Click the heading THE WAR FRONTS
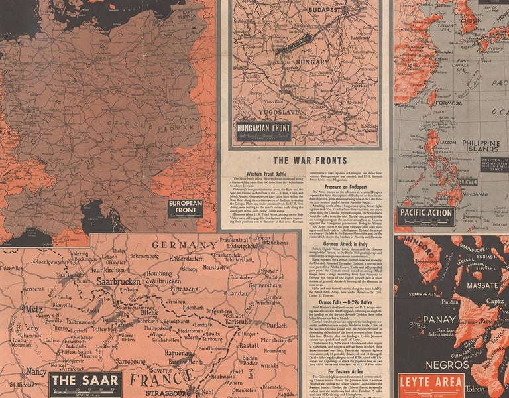(306, 160)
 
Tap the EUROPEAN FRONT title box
(185, 208)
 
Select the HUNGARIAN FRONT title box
(264, 129)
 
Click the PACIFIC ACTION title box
(427, 215)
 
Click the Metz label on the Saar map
(33, 308)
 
